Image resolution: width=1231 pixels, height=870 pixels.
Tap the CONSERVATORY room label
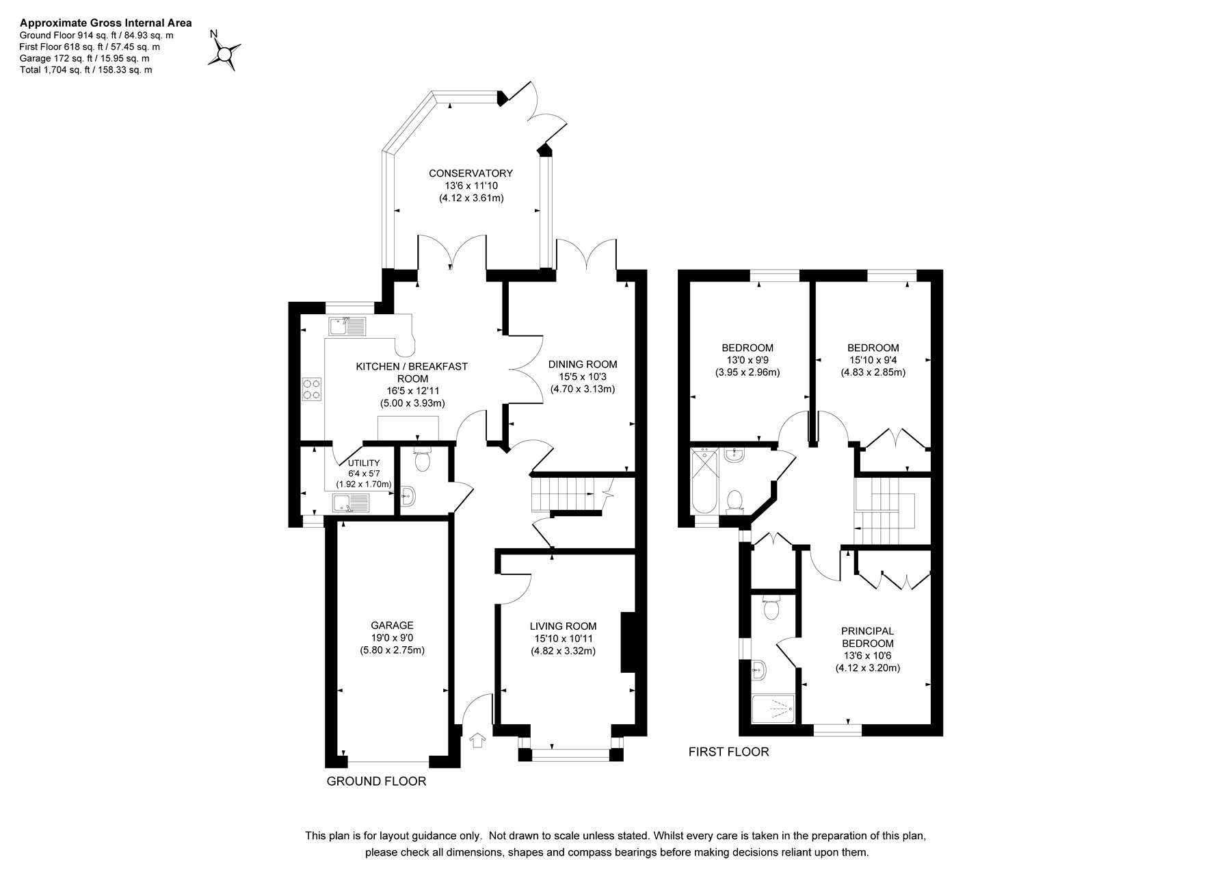471,173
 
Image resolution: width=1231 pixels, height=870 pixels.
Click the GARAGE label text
393,625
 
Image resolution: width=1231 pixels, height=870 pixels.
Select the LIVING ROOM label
563,626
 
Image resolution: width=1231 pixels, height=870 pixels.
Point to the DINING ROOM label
583,364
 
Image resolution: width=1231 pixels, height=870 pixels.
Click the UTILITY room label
363,463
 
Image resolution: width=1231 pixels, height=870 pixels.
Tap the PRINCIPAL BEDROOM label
867,637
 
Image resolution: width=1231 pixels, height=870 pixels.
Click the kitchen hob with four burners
312,389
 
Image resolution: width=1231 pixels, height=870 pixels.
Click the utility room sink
351,504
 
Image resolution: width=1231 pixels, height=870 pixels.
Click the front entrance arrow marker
477,740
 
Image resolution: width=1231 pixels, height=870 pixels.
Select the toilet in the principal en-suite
772,607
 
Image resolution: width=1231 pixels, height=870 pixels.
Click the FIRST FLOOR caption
728,752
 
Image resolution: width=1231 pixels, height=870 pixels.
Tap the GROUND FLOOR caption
376,782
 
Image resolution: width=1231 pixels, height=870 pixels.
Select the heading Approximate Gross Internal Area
106,23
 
